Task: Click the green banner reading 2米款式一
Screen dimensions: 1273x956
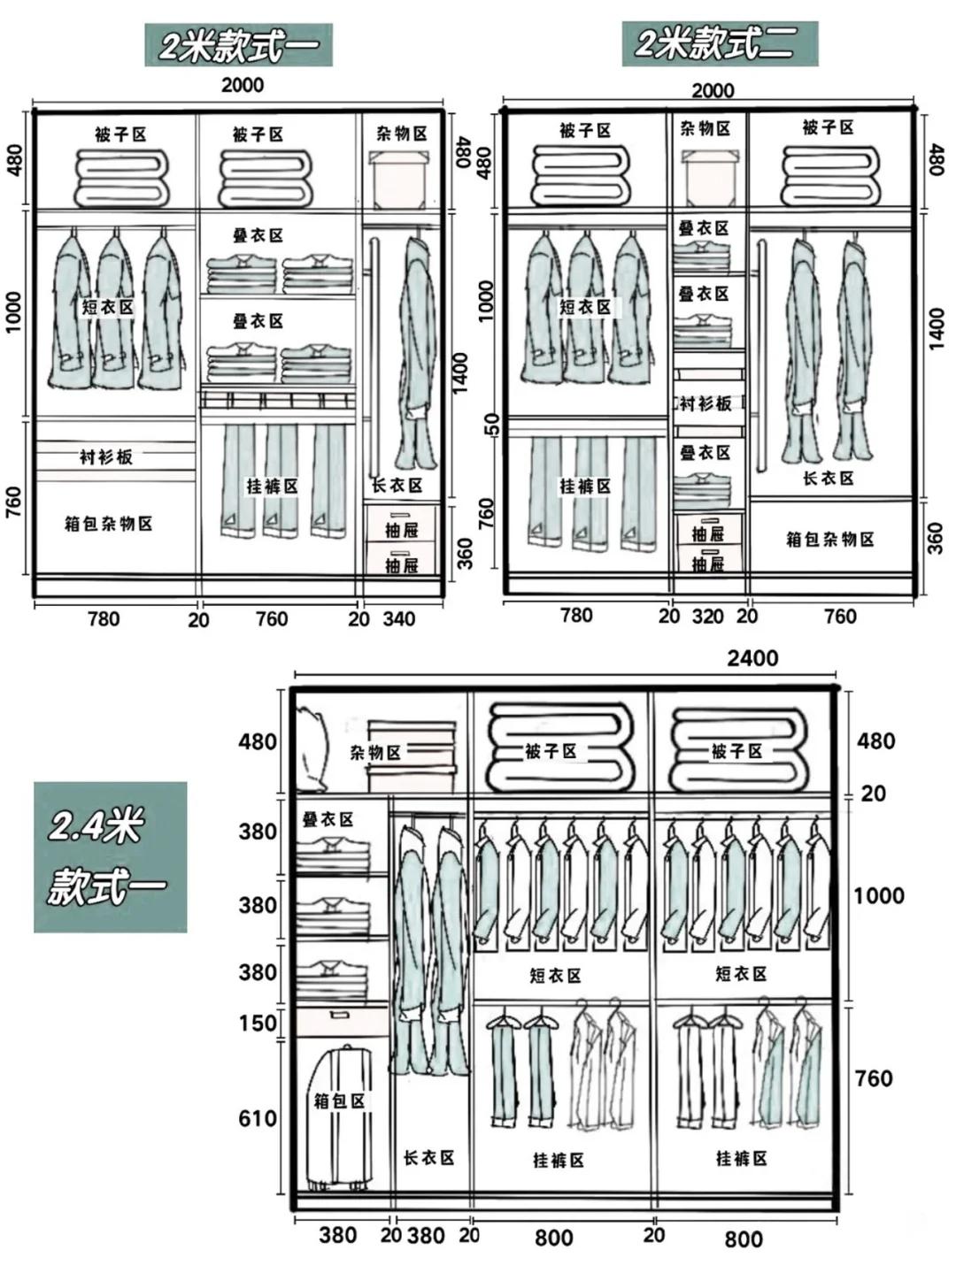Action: point(238,45)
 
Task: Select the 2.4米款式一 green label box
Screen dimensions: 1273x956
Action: point(110,856)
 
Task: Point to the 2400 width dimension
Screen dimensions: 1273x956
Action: point(752,658)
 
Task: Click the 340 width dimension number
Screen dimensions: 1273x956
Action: point(398,619)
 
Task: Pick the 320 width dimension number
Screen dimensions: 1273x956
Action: point(707,617)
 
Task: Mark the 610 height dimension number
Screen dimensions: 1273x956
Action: point(258,1118)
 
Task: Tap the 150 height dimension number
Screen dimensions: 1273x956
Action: point(258,1024)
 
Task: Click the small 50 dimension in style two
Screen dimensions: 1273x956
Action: point(493,425)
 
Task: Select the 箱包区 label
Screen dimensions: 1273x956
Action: point(340,1101)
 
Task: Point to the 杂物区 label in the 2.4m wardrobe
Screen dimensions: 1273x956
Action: point(374,753)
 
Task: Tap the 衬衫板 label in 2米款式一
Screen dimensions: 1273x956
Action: point(105,457)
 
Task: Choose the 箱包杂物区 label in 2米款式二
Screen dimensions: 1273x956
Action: point(829,539)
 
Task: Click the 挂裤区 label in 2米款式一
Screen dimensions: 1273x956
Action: point(272,487)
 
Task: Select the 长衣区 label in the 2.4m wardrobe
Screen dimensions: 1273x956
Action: point(428,1157)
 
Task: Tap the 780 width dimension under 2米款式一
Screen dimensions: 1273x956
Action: point(103,619)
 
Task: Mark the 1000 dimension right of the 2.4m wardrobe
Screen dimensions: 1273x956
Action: point(878,895)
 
